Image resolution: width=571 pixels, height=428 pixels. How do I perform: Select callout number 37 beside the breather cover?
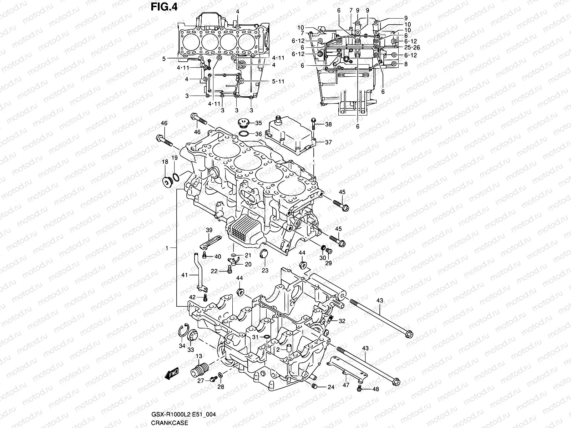[328, 142]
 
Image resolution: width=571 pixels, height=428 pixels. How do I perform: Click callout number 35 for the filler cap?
[258, 123]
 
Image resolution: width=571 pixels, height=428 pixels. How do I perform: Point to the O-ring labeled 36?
[244, 134]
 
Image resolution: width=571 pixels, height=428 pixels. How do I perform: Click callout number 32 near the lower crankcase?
[342, 321]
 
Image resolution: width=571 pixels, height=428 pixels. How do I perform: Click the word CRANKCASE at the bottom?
[169, 423]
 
